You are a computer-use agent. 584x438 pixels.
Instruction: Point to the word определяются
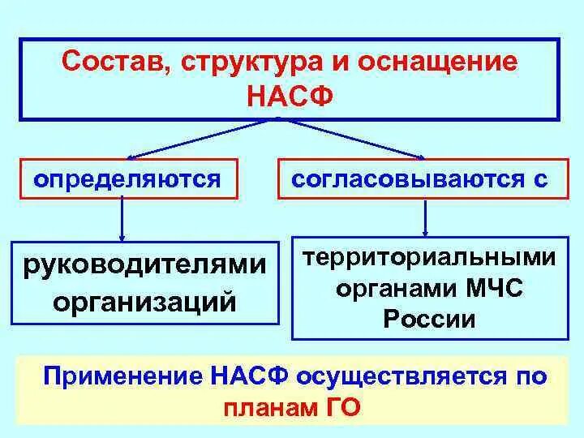127,179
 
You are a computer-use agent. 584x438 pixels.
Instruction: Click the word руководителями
147,264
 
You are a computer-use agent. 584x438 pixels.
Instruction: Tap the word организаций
145,301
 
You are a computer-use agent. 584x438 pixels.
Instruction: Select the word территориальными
430,259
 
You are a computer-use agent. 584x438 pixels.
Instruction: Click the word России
430,318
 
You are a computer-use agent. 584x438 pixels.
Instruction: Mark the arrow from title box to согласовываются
357,138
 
